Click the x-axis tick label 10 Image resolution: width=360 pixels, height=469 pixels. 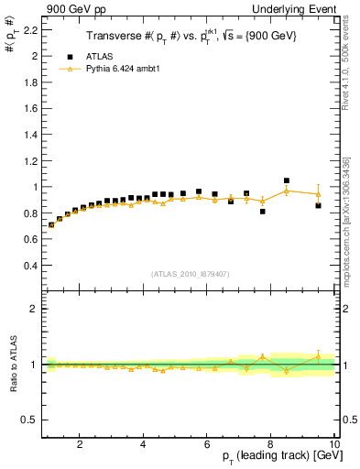click(333, 444)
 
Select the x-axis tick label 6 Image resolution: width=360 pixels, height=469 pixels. click(207, 444)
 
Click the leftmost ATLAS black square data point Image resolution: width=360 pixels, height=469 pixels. click(51, 224)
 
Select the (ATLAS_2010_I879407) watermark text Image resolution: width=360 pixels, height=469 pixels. click(189, 273)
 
